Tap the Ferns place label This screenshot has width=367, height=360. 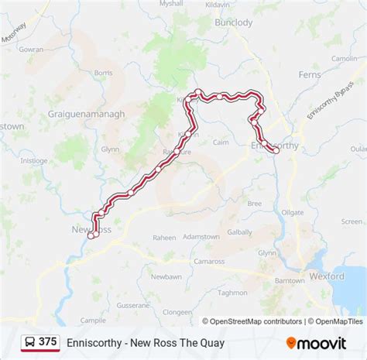coord(310,74)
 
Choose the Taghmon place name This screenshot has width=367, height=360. coord(232,292)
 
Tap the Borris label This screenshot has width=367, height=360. coord(103,73)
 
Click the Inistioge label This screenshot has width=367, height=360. coord(34,160)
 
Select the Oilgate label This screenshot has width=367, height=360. coord(293,211)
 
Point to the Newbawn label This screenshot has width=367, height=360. coord(166,276)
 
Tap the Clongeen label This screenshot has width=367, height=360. coord(177,311)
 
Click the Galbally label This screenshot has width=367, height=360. coord(240,231)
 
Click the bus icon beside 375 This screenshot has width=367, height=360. coord(29,342)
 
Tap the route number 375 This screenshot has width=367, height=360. coord(48,342)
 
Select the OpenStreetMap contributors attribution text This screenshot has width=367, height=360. coord(252,321)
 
